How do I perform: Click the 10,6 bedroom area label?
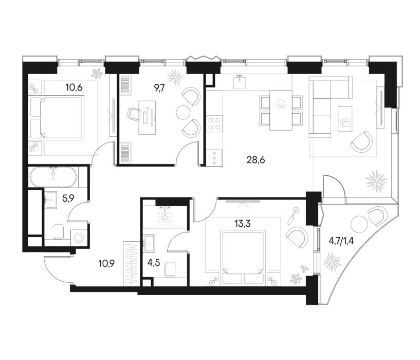tap(74, 87)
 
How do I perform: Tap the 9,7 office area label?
tap(160, 87)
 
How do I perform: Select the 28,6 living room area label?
tap(255, 160)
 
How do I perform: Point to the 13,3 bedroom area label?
tap(242, 223)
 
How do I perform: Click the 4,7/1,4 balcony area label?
tap(341, 241)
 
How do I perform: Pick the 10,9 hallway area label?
tap(106, 263)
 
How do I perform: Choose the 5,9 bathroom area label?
tap(68, 198)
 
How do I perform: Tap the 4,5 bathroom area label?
tap(154, 262)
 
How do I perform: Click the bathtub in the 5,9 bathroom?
tap(54, 177)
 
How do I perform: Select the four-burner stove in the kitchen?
tap(214, 123)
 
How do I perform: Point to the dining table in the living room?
tap(281, 111)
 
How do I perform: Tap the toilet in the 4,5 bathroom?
tap(170, 269)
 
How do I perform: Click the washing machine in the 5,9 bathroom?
tap(79, 238)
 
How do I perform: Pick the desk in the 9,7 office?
tap(147, 118)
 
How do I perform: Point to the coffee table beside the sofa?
tap(345, 119)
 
